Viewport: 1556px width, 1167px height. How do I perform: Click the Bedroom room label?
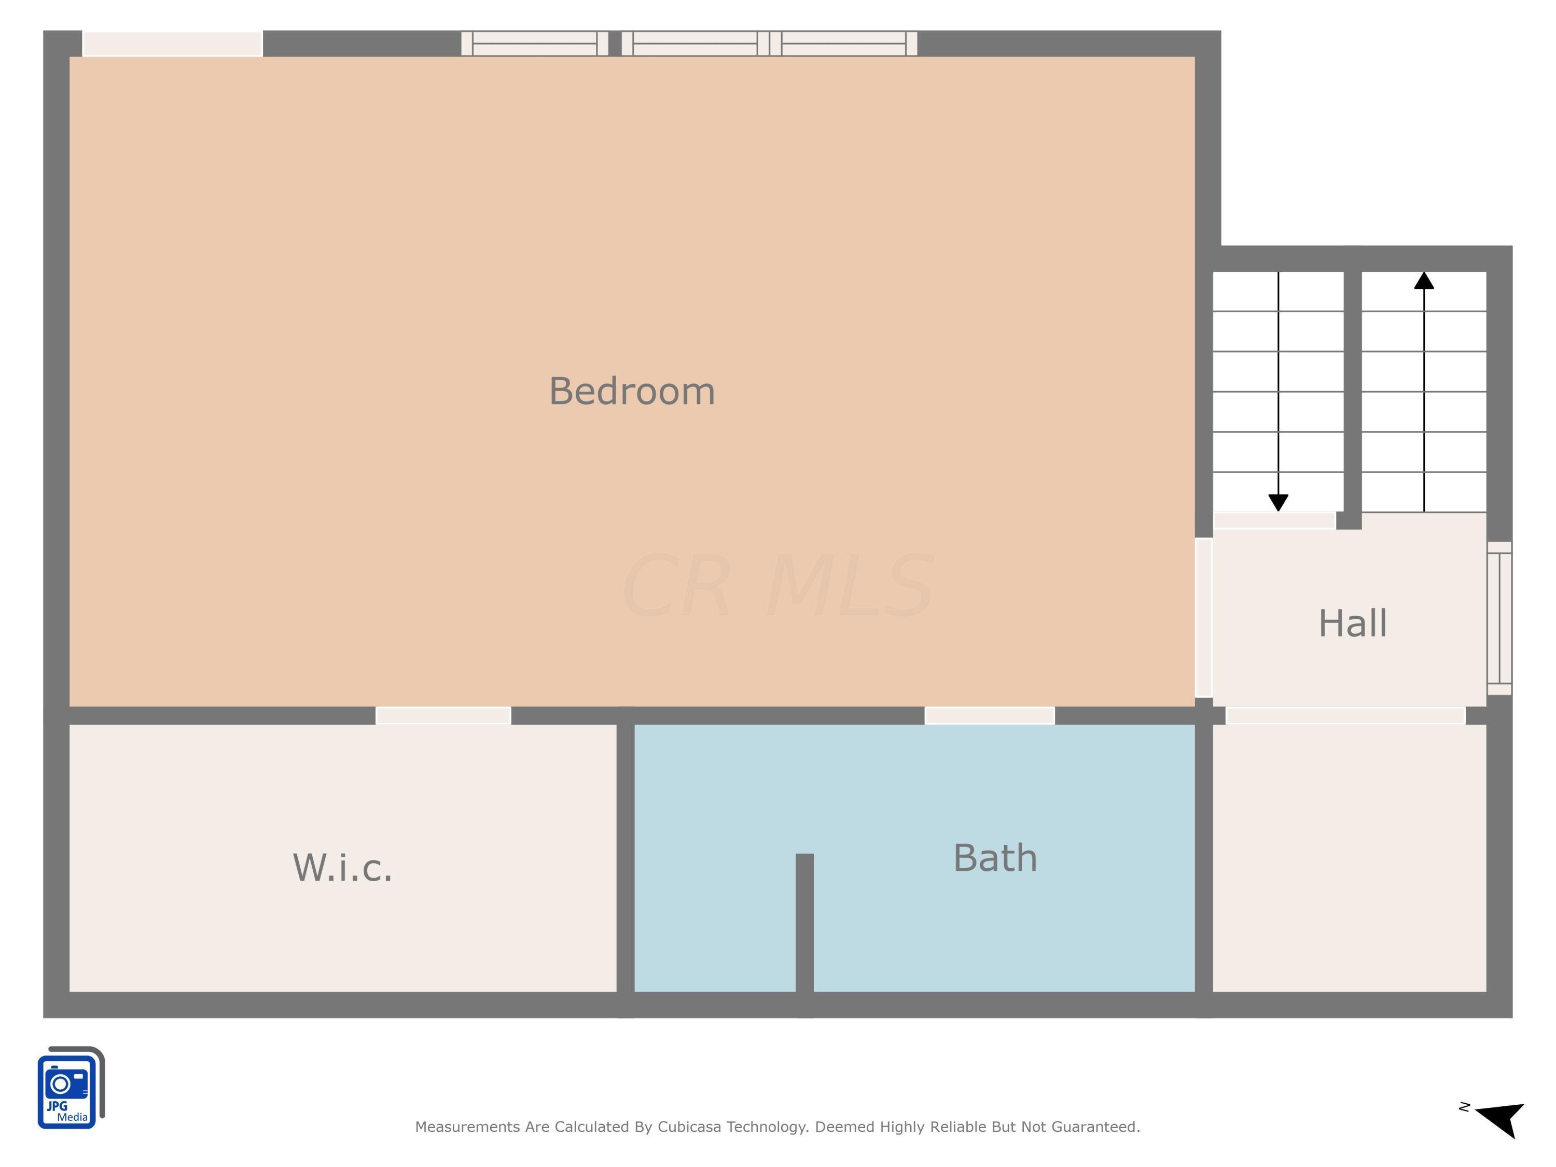tap(632, 391)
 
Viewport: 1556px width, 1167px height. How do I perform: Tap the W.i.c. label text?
tap(342, 867)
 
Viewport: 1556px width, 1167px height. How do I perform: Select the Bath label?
tap(995, 857)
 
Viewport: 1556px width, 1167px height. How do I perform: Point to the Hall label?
tap(1352, 623)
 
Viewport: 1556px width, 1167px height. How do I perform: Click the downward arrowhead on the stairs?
tap(1278, 502)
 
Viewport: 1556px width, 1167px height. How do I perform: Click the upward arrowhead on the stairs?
tap(1424, 280)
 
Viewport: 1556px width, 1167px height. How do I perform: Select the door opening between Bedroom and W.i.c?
tap(443, 715)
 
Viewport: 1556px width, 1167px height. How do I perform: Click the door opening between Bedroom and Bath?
tap(989, 715)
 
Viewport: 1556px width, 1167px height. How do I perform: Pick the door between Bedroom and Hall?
tap(1204, 618)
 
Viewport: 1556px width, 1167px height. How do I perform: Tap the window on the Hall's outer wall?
tap(1499, 618)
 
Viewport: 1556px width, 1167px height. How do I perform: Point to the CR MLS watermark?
tap(777, 585)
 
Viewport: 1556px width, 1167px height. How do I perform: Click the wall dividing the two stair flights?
tap(1352, 399)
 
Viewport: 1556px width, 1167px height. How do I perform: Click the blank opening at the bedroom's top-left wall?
tap(173, 44)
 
